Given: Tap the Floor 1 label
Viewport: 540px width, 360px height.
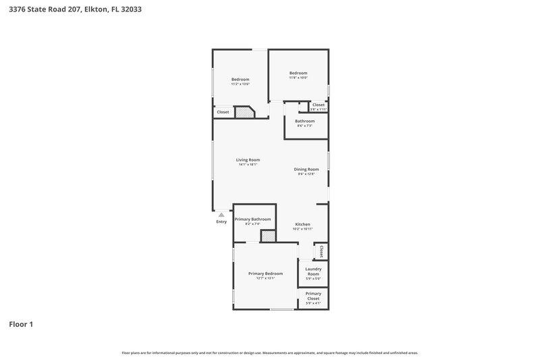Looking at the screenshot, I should tap(21, 324).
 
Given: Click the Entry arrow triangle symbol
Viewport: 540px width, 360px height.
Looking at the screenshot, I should tap(221, 215).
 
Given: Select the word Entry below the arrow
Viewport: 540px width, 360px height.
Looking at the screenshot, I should tap(221, 222).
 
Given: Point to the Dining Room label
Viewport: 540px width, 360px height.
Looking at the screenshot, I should tap(306, 169).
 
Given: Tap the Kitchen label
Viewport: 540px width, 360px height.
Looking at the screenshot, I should tap(302, 224).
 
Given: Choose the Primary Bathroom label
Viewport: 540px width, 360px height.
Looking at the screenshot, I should tap(252, 220).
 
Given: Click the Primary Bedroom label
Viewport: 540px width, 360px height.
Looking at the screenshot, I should tap(265, 274).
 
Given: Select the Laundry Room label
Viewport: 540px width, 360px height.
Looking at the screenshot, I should tap(313, 271).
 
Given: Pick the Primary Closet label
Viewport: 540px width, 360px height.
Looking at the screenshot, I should tap(313, 296).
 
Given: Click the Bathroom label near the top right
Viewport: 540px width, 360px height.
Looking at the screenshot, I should tap(304, 121).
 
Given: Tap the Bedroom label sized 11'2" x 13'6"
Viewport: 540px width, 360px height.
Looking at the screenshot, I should tap(240, 80).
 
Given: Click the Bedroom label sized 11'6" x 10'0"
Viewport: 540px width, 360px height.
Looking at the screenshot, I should tap(298, 73).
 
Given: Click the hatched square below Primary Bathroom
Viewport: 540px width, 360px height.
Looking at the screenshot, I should tap(268, 236).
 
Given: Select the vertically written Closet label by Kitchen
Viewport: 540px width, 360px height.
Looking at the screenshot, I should tap(322, 251).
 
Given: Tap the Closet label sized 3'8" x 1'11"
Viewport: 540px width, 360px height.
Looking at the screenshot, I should tap(318, 105).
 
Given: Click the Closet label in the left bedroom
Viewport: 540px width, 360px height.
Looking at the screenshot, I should tap(223, 111).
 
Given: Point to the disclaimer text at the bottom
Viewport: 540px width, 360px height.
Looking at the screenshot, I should tap(269, 353).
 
